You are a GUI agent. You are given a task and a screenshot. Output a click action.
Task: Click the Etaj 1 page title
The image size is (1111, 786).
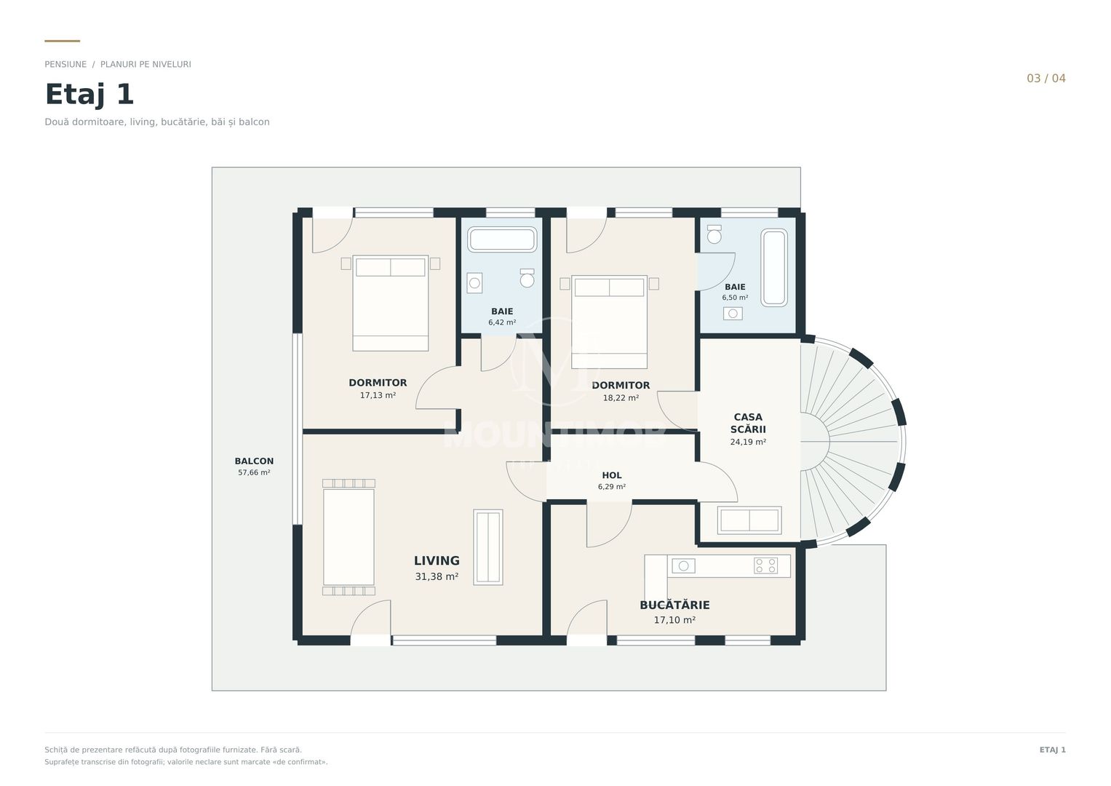pos(89,95)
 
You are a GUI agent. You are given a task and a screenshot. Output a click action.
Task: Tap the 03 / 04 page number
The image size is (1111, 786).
pos(1046,79)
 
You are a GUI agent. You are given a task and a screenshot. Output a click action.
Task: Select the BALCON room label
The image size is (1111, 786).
pos(254,461)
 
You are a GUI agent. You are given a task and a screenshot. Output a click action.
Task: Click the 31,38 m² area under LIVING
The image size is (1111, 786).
pos(437,576)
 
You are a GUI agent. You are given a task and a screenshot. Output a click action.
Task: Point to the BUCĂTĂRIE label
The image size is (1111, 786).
pos(674,604)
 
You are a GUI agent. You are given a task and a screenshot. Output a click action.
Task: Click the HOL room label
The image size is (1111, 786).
pos(612,475)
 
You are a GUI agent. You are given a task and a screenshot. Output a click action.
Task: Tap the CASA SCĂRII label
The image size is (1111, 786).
pos(748,424)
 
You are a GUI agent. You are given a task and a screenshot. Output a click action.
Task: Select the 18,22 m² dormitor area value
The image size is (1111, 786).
pos(621,398)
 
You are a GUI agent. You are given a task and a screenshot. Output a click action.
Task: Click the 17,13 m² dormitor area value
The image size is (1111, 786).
pos(378,395)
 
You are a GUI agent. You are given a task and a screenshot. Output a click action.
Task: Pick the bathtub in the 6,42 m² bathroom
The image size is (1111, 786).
pos(502,239)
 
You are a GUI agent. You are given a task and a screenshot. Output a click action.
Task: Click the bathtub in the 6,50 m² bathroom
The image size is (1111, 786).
pos(773,268)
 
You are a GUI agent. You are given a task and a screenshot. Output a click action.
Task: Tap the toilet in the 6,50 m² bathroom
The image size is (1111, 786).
pos(714,234)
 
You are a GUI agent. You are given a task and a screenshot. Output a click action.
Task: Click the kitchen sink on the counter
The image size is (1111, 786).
pos(683,565)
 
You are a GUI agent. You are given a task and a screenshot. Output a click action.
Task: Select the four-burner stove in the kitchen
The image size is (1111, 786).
pos(766,565)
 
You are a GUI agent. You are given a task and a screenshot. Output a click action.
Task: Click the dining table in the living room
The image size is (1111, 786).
pos(349,537)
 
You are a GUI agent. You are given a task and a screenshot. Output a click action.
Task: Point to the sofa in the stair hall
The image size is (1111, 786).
pos(749,520)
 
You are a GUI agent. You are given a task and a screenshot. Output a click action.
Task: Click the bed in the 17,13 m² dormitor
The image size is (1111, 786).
pos(390,303)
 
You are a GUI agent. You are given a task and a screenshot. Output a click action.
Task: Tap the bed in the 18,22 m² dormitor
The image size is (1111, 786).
pos(609,322)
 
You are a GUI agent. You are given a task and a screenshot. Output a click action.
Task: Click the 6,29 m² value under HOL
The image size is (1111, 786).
pos(612,487)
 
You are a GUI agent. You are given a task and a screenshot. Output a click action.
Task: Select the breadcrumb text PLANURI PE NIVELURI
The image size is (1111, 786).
pos(146,65)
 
